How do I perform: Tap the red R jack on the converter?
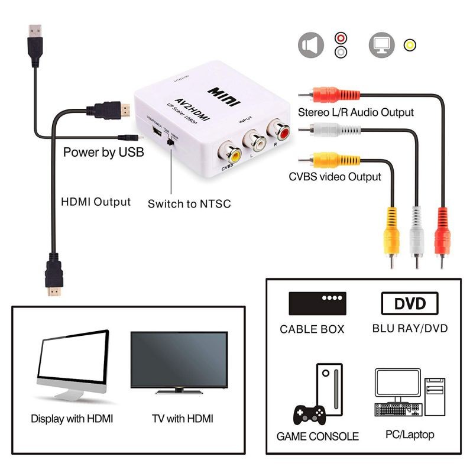click(x=278, y=129)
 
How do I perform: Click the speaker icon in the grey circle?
click(x=311, y=46)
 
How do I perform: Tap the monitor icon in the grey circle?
click(x=381, y=45)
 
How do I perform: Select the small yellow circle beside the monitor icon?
click(x=409, y=46)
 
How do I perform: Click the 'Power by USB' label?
click(x=103, y=152)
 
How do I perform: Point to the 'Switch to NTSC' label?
click(x=189, y=204)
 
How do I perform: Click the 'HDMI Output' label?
click(x=96, y=202)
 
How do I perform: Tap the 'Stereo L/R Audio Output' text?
click(x=356, y=112)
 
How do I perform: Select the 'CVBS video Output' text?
click(x=335, y=176)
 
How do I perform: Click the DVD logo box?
click(x=410, y=303)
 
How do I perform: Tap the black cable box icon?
click(x=318, y=303)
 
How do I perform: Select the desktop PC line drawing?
click(x=410, y=393)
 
